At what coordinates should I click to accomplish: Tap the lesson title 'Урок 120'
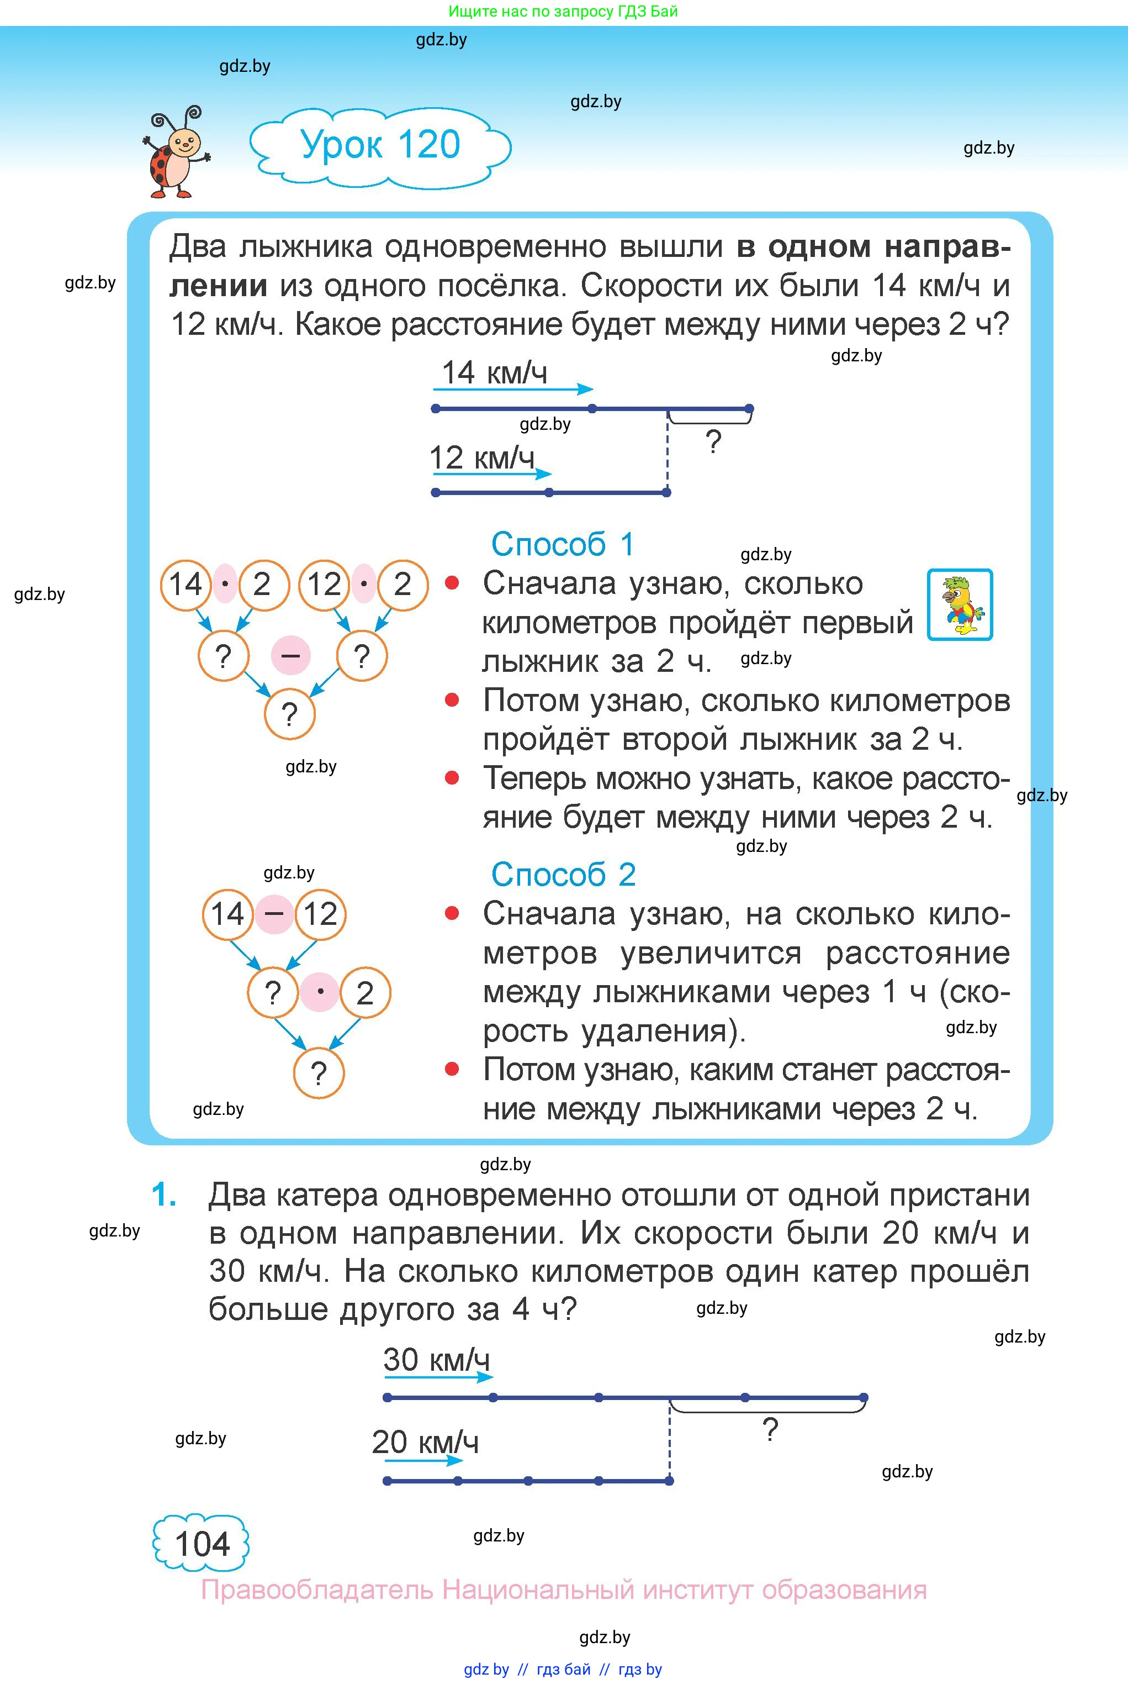pyautogui.click(x=380, y=145)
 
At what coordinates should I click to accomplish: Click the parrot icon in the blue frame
pyautogui.click(x=960, y=604)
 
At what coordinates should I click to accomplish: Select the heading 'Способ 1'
pyautogui.click(x=562, y=545)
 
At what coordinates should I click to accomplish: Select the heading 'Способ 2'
pyautogui.click(x=563, y=875)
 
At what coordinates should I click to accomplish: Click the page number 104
pyautogui.click(x=202, y=1544)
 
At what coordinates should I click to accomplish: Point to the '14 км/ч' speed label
pyautogui.click(x=494, y=373)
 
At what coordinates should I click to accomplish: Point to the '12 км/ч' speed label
pyautogui.click(x=482, y=457)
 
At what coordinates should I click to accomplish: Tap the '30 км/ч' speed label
pyautogui.click(x=436, y=1360)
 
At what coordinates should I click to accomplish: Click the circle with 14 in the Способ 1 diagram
pyautogui.click(x=186, y=585)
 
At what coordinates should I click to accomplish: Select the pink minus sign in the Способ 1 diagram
pyautogui.click(x=290, y=656)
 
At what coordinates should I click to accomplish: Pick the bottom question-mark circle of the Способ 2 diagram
pyautogui.click(x=319, y=1073)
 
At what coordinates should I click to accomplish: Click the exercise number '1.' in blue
pyautogui.click(x=164, y=1196)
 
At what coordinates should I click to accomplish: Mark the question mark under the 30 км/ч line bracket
pyautogui.click(x=770, y=1429)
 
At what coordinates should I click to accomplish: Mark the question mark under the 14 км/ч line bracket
pyautogui.click(x=713, y=441)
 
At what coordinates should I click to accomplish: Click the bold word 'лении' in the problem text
pyautogui.click(x=219, y=286)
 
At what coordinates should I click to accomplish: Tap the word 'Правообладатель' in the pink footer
pyautogui.click(x=316, y=1589)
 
